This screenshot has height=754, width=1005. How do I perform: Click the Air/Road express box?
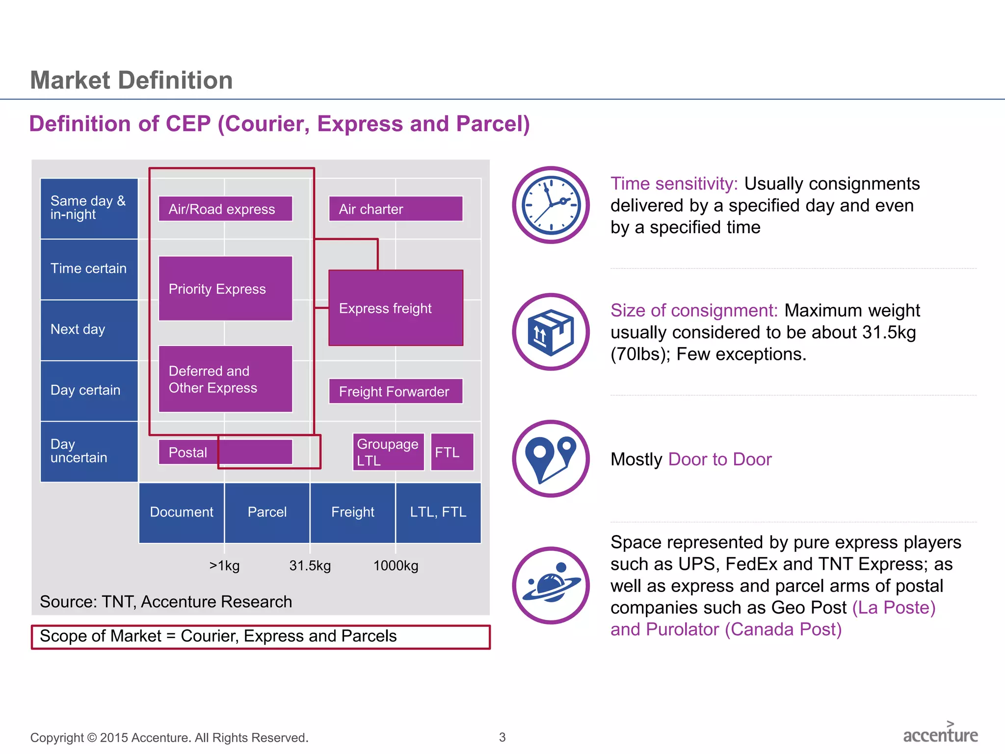[225, 209]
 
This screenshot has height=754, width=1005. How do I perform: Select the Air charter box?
[396, 209]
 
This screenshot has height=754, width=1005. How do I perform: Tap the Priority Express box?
[225, 289]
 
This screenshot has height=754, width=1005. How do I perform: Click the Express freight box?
[396, 308]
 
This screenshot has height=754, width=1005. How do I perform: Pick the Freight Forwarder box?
[396, 391]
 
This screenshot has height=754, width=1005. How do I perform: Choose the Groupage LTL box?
[388, 452]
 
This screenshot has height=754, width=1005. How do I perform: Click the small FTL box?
[452, 452]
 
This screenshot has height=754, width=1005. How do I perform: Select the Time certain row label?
[89, 269]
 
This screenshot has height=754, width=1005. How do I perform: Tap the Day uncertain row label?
[89, 451]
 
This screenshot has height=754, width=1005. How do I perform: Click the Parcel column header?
[267, 512]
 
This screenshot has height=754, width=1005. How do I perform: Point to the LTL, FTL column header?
[438, 512]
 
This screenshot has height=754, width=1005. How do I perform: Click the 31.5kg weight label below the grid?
[310, 565]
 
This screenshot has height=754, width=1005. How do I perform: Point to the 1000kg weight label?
[396, 565]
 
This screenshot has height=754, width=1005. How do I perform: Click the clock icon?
[551, 205]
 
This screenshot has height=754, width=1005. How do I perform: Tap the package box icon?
[551, 332]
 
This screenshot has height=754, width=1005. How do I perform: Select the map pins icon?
[551, 458]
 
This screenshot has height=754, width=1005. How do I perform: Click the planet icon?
[551, 585]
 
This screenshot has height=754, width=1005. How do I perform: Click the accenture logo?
[940, 734]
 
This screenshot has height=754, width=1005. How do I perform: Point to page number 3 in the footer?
[502, 737]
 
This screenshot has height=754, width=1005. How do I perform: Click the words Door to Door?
[719, 459]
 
